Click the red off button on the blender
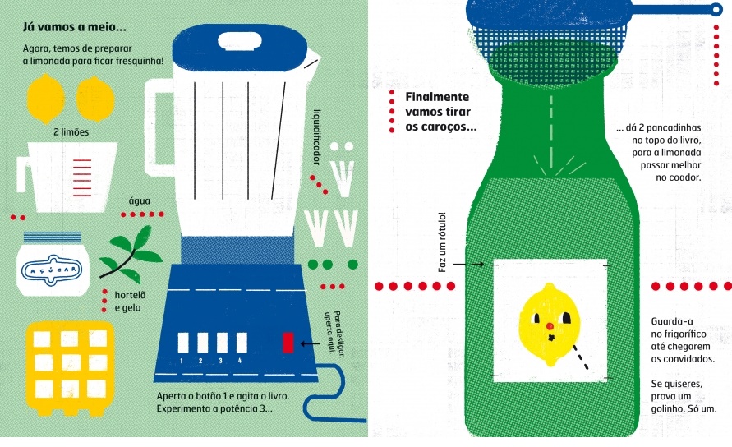pyautogui.click(x=288, y=343)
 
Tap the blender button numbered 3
pyautogui.click(x=222, y=343)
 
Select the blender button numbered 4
pyautogui.click(x=242, y=343)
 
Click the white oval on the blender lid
pyautogui.click(x=240, y=41)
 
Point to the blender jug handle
pyautogui.click(x=156, y=126)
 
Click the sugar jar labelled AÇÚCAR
pyautogui.click(x=53, y=264)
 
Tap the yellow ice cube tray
pyautogui.click(x=70, y=368)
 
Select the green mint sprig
pyautogui.click(x=131, y=255)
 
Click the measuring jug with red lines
pyautogui.click(x=66, y=177)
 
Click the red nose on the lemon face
pyautogui.click(x=550, y=326)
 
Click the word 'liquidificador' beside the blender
pyautogui.click(x=317, y=137)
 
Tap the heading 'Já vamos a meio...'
pyautogui.click(x=74, y=26)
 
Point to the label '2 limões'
pyautogui.click(x=71, y=132)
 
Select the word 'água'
pyautogui.click(x=139, y=200)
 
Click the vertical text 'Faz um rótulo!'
pyautogui.click(x=442, y=242)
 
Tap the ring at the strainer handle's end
pyautogui.click(x=716, y=9)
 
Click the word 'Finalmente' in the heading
pyautogui.click(x=437, y=97)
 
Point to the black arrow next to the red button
pyautogui.click(x=310, y=344)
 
